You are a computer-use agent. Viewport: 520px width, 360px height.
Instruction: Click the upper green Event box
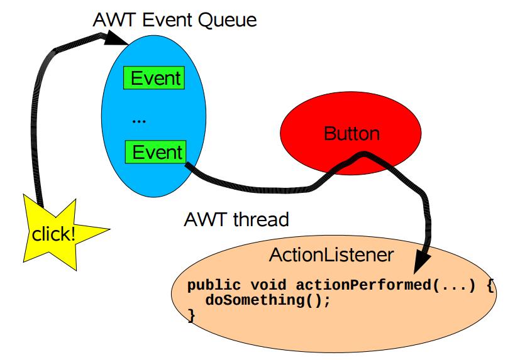coord(154,78)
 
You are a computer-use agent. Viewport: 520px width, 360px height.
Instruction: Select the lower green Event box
coord(155,152)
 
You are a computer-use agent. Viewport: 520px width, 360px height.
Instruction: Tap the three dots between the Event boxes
coord(138,122)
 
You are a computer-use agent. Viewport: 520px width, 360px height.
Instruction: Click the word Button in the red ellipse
coord(351,134)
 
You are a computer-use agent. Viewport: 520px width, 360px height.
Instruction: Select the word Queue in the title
coord(227,21)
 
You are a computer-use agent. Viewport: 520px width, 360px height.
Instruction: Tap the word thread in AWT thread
coord(261,219)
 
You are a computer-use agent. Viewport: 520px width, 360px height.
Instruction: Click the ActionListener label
coord(331,255)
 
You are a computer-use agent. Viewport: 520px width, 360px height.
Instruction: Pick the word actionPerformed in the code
coord(364,285)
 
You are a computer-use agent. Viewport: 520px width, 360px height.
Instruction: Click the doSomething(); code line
coord(268,300)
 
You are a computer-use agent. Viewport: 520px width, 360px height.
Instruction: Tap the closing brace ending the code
coord(191,315)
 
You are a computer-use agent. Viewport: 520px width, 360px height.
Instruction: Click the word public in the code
coord(214,286)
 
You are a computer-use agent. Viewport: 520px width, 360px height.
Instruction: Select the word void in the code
coord(268,285)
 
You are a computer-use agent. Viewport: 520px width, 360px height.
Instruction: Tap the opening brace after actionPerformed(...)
coord(490,286)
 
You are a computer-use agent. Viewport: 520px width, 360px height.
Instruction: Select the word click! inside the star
coord(53,234)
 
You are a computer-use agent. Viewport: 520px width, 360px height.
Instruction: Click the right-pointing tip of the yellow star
coord(109,229)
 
